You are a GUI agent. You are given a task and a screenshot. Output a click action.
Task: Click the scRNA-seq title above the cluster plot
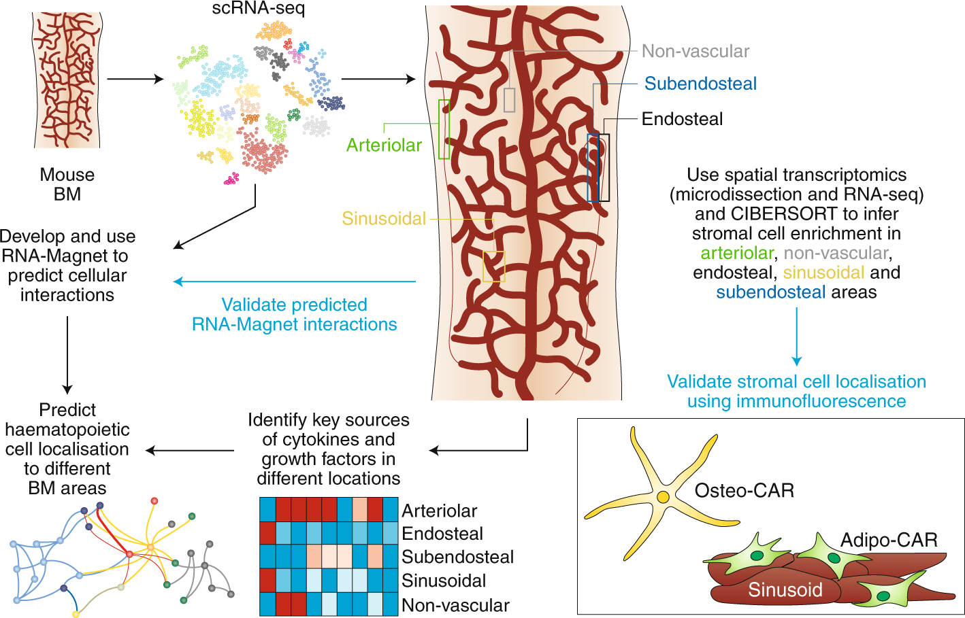click(258, 9)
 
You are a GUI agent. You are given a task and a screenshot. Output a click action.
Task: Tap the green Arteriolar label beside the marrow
click(384, 145)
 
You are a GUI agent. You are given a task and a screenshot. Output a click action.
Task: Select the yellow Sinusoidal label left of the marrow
click(384, 218)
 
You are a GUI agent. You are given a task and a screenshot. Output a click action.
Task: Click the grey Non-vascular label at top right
click(695, 51)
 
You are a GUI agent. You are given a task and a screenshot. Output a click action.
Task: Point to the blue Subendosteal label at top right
click(700, 84)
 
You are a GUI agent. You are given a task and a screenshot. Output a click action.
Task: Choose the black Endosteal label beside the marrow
click(682, 119)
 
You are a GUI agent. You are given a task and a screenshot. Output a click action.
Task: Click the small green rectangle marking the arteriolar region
click(444, 129)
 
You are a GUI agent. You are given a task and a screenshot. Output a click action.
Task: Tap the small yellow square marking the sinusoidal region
click(494, 267)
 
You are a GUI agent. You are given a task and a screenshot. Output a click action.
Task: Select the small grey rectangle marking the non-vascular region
click(509, 100)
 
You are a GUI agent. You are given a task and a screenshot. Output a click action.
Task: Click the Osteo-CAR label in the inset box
click(744, 490)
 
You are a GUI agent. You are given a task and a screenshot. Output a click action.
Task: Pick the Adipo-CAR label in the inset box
click(889, 540)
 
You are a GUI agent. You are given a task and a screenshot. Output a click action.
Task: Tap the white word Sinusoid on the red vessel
click(785, 589)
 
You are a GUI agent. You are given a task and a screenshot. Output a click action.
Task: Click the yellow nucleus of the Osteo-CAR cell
click(662, 497)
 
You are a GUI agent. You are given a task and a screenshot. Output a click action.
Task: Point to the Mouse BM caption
click(67, 184)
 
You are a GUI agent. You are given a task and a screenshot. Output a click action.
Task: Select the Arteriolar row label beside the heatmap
click(440, 511)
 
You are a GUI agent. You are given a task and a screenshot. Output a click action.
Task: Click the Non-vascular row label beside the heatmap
click(455, 605)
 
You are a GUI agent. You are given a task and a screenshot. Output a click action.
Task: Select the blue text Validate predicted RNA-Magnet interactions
click(294, 314)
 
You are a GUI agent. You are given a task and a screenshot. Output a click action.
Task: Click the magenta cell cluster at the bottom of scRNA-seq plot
click(232, 179)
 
